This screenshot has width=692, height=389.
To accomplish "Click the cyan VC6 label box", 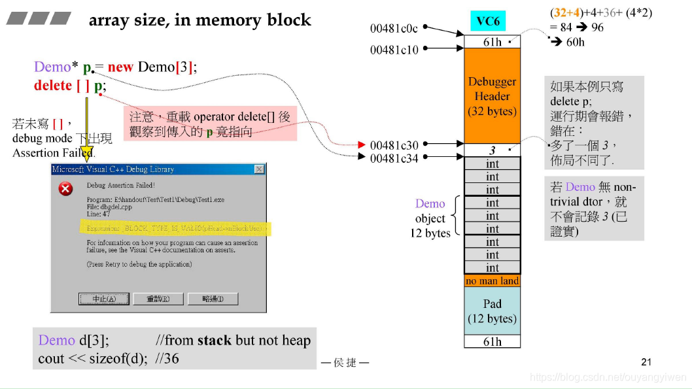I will coord(488,22).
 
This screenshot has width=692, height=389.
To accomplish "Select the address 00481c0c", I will coord(394,28).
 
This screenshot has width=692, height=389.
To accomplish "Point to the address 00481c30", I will coord(394,144).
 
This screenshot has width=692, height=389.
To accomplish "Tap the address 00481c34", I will coord(394,158).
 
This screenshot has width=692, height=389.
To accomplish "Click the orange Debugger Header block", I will coord(492,96).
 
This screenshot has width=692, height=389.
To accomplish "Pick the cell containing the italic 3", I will coord(492,150).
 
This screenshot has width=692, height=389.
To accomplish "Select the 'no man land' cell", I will coord(492,281).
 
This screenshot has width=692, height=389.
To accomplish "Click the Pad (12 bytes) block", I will coord(492,311).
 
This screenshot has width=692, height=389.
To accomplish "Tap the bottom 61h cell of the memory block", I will coord(492,341).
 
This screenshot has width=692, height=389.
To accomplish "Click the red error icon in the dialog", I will coord(66,189).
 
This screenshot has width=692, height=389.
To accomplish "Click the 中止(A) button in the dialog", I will coord(103,299).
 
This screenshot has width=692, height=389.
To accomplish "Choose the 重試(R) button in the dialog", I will coord(158,299).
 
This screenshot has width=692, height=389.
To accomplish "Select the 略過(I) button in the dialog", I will coord(212,299).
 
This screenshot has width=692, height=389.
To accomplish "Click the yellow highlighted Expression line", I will coord(173,229).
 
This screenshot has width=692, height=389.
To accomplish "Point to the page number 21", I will coord(646,362).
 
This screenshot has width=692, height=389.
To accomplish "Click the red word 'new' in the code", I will coord(120,67).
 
